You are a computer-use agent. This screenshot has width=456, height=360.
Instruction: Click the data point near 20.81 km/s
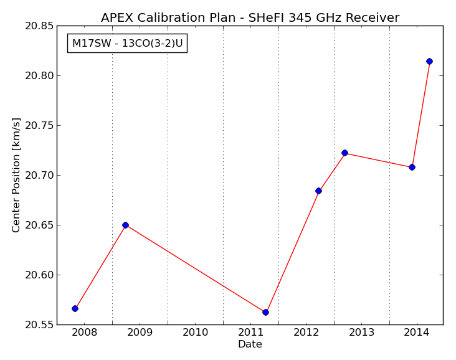(429, 62)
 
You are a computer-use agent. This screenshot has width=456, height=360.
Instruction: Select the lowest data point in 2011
(265, 312)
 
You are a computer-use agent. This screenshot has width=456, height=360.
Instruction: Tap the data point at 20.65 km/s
(125, 225)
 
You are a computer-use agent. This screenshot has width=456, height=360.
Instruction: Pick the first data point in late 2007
(75, 308)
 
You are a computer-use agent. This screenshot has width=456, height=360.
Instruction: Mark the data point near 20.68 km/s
(318, 191)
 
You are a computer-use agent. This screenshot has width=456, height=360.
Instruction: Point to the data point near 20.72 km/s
(344, 153)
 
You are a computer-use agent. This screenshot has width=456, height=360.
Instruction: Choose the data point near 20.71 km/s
(412, 167)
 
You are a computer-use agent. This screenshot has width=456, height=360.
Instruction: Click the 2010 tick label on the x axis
(195, 333)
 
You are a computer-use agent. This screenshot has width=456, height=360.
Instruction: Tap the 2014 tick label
(417, 333)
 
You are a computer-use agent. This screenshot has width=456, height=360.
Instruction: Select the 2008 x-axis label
(84, 333)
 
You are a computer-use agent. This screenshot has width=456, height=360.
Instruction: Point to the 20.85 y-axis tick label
(39, 26)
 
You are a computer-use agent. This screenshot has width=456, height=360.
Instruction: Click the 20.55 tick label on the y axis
(39, 324)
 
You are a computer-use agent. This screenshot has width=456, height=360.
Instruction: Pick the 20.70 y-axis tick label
(39, 176)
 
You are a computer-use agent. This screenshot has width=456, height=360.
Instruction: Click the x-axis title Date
(250, 344)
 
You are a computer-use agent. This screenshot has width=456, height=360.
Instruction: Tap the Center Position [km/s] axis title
(16, 175)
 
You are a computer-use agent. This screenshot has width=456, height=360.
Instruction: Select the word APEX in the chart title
(117, 17)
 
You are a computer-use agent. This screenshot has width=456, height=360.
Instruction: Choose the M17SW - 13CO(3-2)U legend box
(127, 44)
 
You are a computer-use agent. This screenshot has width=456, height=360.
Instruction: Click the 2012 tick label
(306, 333)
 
